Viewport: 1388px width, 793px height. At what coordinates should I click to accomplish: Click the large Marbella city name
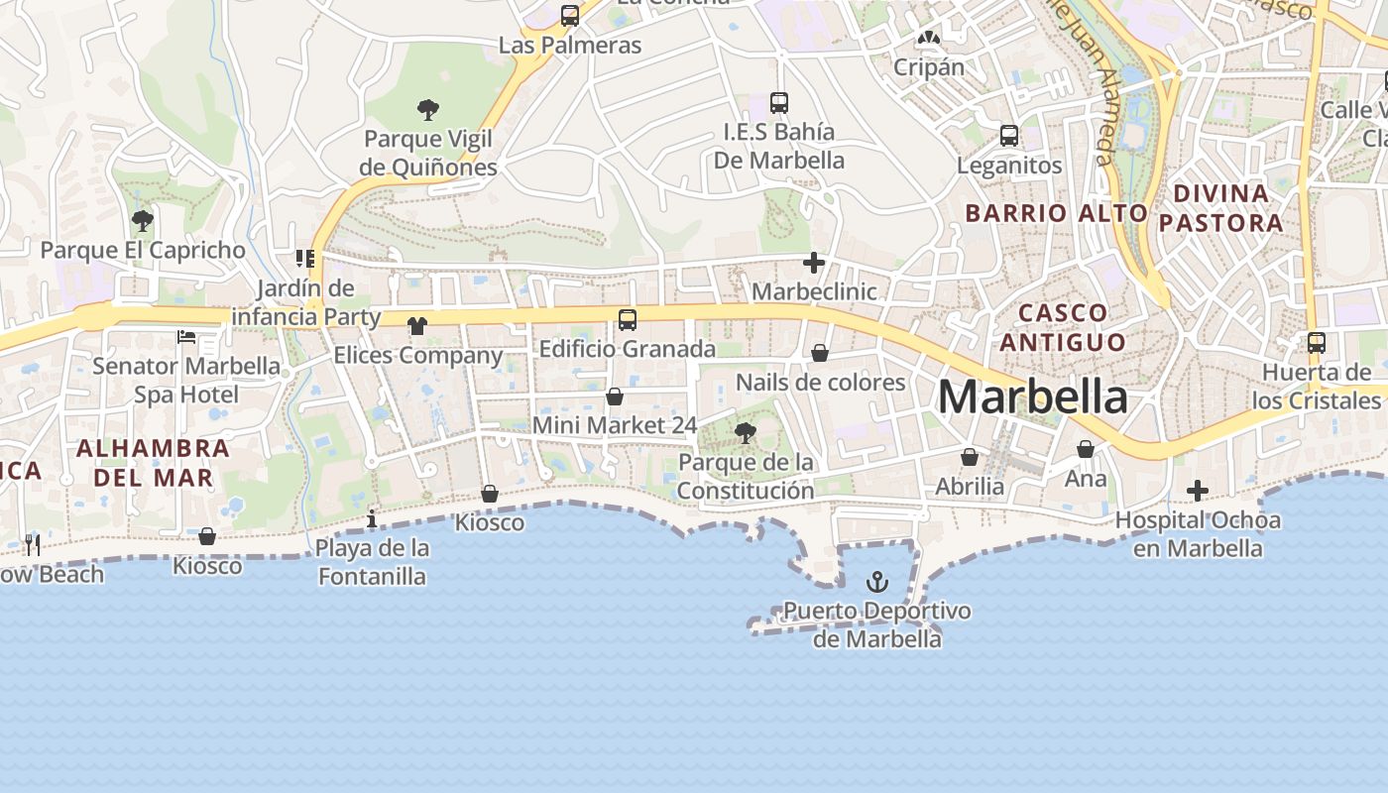[x=1032, y=397]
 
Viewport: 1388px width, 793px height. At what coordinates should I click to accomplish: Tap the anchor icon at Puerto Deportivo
[x=877, y=581]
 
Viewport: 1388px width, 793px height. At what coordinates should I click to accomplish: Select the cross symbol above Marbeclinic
[x=814, y=263]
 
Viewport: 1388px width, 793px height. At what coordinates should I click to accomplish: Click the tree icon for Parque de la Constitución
[x=745, y=432]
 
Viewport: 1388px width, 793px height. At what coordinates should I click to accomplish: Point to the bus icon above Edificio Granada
[x=627, y=320]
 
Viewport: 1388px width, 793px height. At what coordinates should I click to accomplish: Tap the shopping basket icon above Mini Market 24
[x=615, y=396]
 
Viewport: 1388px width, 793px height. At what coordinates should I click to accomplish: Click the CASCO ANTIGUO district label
[x=1063, y=327]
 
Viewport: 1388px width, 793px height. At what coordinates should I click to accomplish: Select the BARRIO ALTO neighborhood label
[x=1056, y=213]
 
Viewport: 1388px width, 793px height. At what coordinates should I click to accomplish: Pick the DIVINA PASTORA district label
[x=1220, y=207]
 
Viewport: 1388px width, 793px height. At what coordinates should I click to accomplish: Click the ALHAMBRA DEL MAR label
[x=153, y=462]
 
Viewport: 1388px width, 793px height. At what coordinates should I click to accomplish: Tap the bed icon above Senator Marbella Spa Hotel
[x=186, y=337]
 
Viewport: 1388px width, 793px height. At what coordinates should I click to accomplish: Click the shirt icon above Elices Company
[x=416, y=326]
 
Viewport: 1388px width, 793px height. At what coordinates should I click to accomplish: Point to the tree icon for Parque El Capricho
[x=143, y=220]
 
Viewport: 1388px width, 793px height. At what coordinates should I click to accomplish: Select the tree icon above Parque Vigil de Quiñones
[x=428, y=109]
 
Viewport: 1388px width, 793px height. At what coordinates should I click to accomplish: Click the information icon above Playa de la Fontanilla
[x=372, y=518]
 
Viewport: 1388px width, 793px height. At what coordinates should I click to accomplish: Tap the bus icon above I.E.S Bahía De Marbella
[x=779, y=102]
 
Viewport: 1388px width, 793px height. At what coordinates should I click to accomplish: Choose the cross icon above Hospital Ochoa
[x=1198, y=491]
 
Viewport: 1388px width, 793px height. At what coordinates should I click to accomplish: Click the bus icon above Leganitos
[x=1009, y=136]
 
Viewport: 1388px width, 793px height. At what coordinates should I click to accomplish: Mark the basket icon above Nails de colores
[x=820, y=353]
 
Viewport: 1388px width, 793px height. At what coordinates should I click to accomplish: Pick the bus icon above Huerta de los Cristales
[x=1316, y=343]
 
